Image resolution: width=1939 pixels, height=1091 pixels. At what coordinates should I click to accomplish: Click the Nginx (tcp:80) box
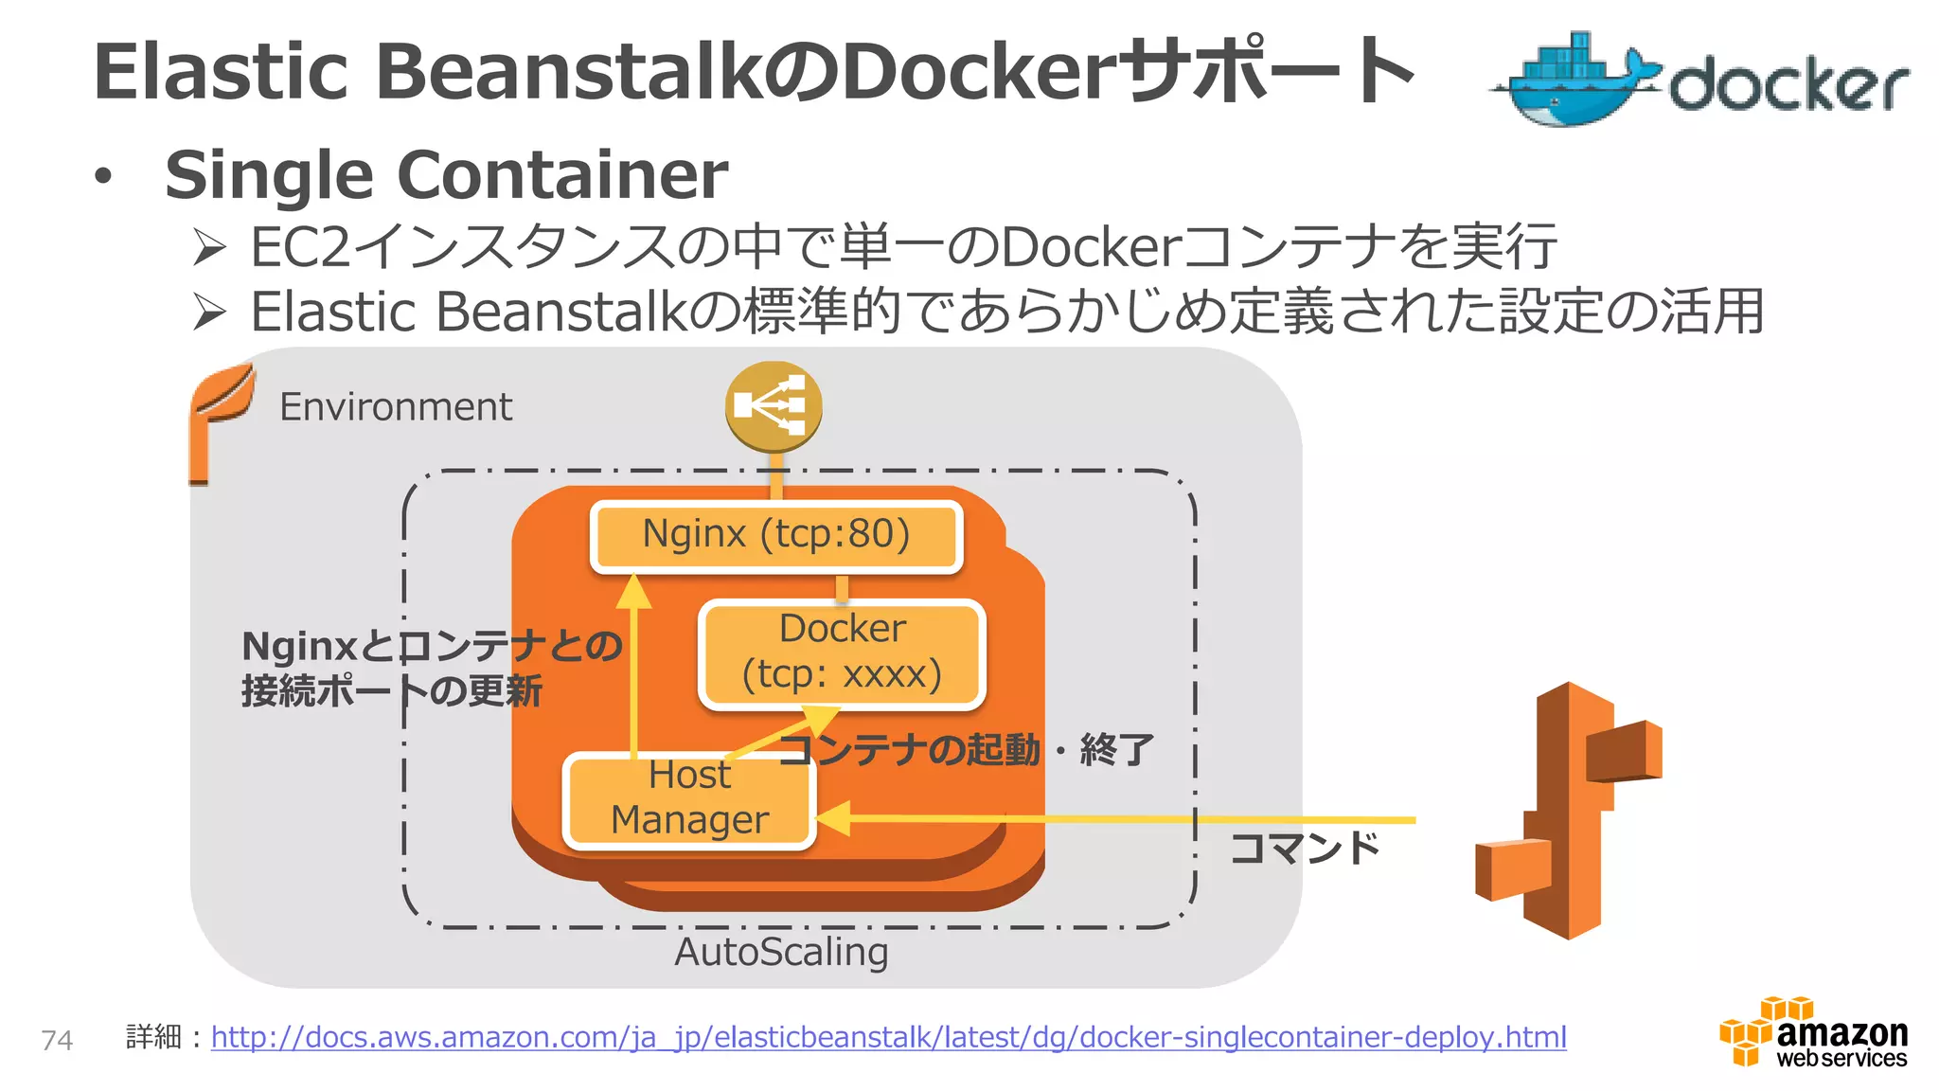[776, 535]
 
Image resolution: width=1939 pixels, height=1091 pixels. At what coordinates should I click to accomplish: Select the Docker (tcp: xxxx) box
[842, 653]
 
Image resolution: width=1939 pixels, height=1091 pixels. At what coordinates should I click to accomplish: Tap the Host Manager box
[689, 799]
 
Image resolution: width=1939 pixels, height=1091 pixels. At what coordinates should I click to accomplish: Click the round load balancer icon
[774, 406]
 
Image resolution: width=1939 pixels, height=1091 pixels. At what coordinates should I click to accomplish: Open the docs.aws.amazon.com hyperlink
[888, 1037]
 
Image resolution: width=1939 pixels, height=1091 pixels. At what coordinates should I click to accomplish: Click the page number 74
[57, 1040]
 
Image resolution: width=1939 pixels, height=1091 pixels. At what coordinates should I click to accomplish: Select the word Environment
[396, 407]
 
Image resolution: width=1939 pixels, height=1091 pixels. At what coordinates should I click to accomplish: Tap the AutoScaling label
[781, 952]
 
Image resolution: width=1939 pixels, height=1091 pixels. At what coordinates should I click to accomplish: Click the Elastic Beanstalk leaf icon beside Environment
[220, 420]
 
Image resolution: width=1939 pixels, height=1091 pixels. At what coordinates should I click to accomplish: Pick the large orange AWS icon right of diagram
[1569, 811]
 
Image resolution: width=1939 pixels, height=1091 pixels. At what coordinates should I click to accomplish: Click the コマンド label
[1305, 848]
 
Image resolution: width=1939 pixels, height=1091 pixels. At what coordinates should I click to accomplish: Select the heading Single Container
[446, 175]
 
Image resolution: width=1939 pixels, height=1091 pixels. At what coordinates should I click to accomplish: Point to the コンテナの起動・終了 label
[966, 750]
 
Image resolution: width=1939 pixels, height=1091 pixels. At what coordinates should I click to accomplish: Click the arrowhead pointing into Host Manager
[833, 818]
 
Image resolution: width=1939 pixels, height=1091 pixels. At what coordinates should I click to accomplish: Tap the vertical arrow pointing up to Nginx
[633, 663]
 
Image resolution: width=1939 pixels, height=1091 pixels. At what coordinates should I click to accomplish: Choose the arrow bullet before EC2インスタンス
[209, 247]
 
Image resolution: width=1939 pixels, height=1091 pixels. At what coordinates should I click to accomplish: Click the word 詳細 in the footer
[153, 1037]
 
